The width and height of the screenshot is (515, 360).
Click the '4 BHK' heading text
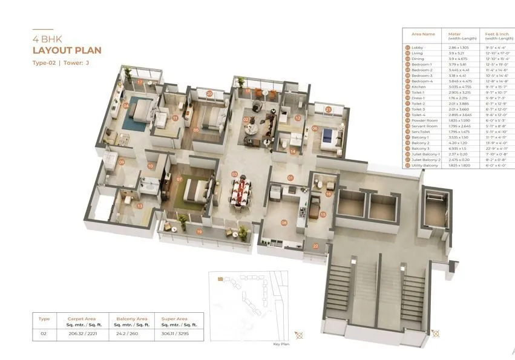tap(45, 38)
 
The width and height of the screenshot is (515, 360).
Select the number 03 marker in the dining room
tap(234, 174)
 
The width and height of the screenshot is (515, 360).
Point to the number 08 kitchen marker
tap(284, 223)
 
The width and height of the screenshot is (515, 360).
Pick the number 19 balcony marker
tap(199, 232)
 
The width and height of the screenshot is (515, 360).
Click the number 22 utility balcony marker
tap(315, 246)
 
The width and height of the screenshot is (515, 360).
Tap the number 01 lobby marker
tap(290, 178)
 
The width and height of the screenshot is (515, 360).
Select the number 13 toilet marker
tap(140, 206)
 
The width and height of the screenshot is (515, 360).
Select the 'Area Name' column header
tap(423, 34)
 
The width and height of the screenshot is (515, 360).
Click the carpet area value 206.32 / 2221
tap(79, 333)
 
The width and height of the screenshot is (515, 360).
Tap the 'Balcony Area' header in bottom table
tap(128, 318)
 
